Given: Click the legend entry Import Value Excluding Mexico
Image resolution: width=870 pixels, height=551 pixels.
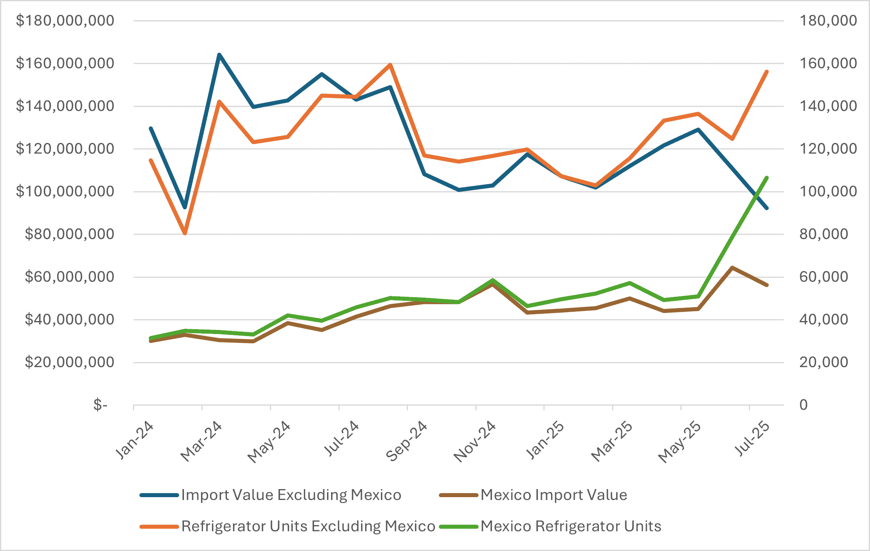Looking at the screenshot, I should [x=291, y=495].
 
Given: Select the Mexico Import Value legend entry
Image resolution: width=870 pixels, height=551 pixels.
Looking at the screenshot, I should [x=554, y=495].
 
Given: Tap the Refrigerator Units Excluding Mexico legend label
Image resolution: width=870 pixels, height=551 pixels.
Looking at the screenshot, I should [x=308, y=526].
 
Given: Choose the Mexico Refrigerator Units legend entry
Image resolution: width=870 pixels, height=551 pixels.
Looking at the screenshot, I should [x=571, y=526].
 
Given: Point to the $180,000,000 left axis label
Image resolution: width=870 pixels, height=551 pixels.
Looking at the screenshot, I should [x=65, y=21].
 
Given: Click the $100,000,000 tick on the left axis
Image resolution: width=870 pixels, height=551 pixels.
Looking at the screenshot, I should [x=65, y=191].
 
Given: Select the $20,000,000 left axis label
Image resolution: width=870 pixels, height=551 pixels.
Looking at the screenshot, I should [x=69, y=362].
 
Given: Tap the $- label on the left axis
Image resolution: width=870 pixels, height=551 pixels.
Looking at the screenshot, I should [x=100, y=405].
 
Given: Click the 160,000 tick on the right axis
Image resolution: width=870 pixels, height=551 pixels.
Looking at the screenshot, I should [x=828, y=64].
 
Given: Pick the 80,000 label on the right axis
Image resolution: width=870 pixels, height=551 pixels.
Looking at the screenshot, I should [x=823, y=234].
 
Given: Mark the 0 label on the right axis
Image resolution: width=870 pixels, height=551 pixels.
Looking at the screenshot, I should [x=804, y=405].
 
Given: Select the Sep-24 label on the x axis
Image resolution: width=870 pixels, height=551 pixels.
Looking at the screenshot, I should [x=406, y=441].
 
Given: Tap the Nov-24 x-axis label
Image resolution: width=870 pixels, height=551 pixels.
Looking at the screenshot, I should [x=475, y=442].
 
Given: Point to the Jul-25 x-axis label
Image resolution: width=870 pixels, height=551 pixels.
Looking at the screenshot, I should [x=752, y=439].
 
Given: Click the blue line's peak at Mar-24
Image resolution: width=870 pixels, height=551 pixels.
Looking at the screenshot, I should [x=219, y=55].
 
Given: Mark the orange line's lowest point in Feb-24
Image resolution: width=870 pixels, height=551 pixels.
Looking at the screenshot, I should [x=185, y=233].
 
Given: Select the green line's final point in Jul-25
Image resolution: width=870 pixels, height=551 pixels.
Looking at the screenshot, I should [x=767, y=178].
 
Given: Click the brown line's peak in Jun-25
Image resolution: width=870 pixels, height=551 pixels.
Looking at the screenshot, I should [x=732, y=268].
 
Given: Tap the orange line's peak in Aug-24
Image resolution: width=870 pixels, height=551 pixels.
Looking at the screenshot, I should [x=390, y=65].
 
